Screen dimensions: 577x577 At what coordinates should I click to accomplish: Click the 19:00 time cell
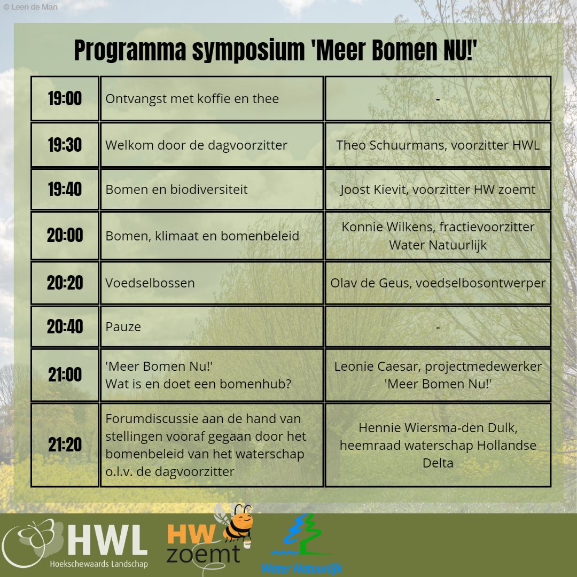point(65,99)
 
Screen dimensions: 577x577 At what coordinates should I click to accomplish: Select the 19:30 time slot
point(65,145)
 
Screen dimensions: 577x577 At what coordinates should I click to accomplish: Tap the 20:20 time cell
point(65,283)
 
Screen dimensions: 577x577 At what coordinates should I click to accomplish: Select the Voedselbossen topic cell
point(212,283)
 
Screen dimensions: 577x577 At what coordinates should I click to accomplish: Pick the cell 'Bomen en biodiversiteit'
point(212,190)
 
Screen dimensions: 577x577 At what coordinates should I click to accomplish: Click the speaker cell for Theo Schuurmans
point(438,145)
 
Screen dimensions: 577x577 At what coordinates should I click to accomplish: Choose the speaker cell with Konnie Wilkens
point(438,236)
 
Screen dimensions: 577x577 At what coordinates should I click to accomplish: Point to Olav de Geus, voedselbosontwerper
point(438,283)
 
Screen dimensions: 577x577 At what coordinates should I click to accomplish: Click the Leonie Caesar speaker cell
point(438,375)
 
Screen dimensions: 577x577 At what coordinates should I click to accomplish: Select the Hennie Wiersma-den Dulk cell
point(438,445)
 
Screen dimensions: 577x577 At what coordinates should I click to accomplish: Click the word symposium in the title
point(248,50)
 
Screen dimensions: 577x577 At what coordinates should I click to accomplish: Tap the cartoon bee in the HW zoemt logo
point(236,523)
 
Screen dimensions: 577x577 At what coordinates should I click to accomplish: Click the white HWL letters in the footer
point(107,540)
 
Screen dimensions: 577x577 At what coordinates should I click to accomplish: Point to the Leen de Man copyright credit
point(30,7)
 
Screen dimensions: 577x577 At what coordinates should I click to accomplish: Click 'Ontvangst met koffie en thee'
point(192,99)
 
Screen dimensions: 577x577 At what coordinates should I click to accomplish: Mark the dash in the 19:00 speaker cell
point(438,99)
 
